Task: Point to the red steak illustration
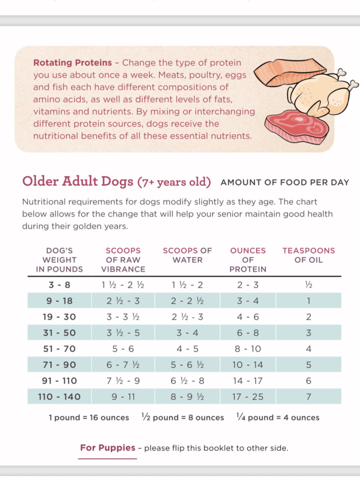coord(294,126)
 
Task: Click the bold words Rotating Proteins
coord(73,62)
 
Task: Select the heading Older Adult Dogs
coord(78,181)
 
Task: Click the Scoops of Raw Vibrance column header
coord(123,260)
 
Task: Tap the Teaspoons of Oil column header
coord(308,255)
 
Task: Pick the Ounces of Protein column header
coord(248,260)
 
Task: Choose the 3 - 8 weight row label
coord(59,285)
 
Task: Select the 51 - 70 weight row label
coord(59,349)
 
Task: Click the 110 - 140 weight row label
coord(59,397)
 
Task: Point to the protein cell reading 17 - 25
coord(248,397)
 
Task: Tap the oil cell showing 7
coord(308,397)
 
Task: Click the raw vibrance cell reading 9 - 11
coord(123,397)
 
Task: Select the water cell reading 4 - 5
coord(187,349)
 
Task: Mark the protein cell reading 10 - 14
coord(248,365)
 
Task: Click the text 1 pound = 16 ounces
coord(89,418)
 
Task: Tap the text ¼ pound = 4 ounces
coord(278,418)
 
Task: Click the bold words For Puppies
coord(108,448)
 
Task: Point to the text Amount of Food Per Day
coord(285,182)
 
